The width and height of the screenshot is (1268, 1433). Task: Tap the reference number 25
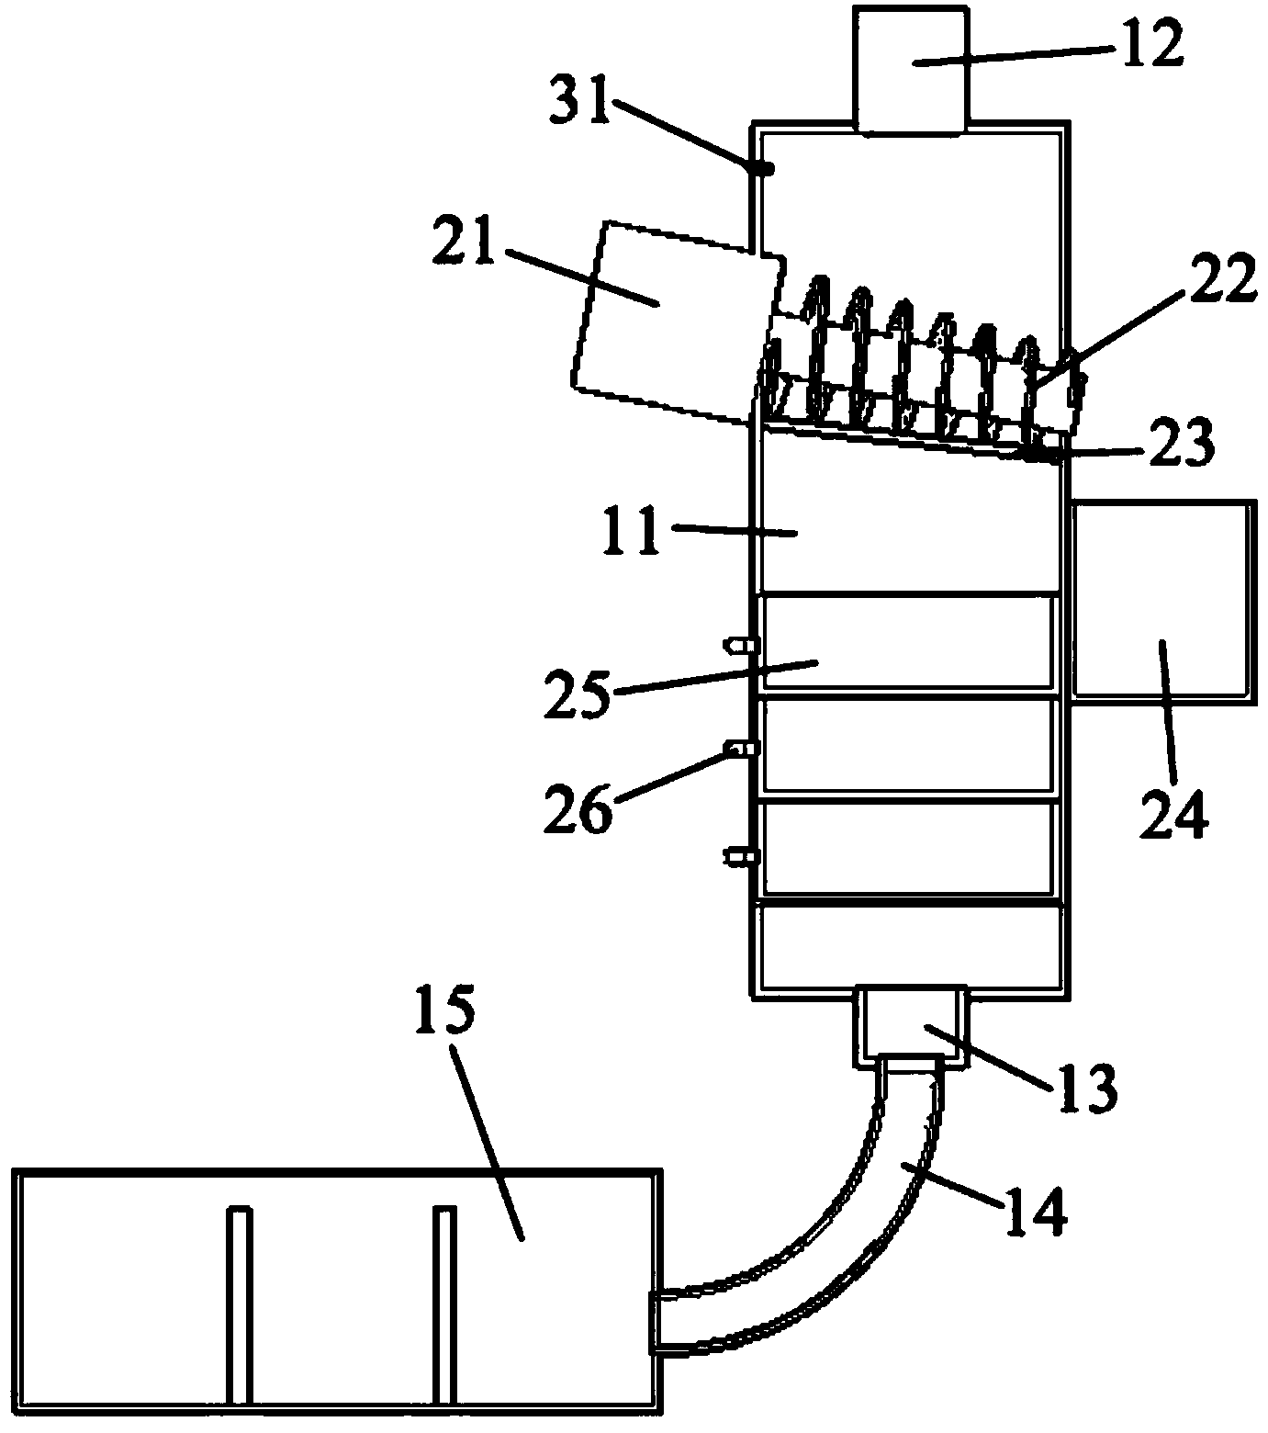pos(579,694)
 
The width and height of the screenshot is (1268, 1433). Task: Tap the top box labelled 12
pos(909,69)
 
